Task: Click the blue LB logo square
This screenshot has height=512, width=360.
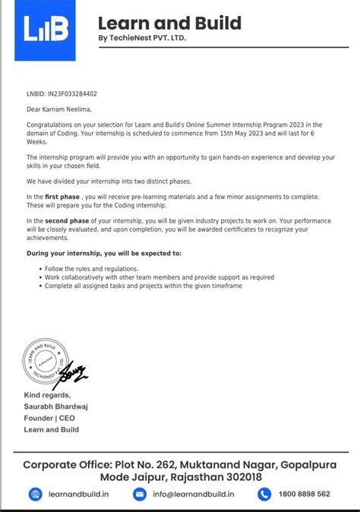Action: coord(47,31)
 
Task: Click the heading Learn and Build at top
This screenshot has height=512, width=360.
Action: coord(169,23)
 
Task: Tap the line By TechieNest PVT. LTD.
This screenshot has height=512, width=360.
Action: coord(141,38)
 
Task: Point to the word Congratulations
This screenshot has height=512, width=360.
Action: coord(51,125)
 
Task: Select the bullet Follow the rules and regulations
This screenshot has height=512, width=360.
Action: coord(92,269)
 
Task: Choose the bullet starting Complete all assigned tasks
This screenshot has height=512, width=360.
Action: coord(153,286)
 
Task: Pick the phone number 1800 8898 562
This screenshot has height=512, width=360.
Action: coord(303,495)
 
